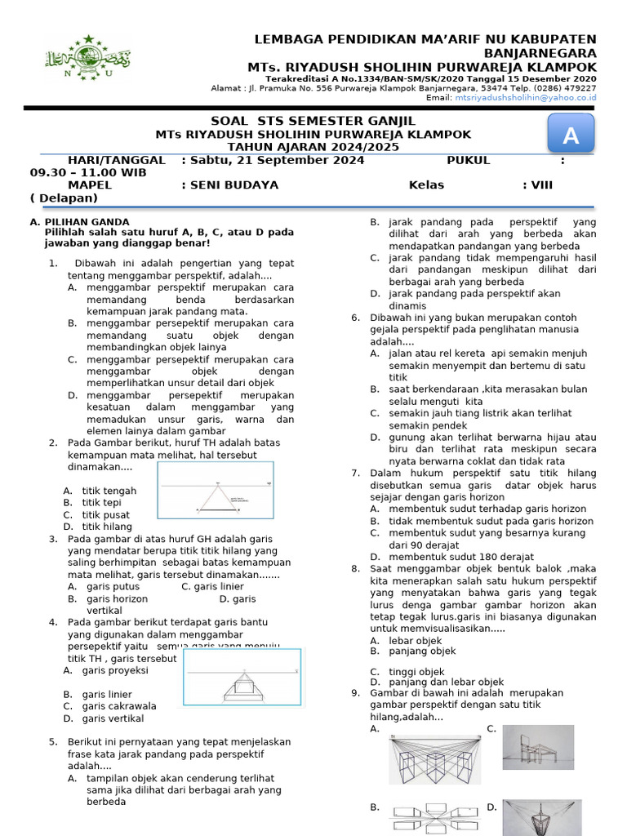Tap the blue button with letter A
pos(571,136)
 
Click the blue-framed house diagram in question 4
pos(242,677)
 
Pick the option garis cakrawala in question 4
pos(119,706)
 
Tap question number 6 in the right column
pos(355,318)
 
